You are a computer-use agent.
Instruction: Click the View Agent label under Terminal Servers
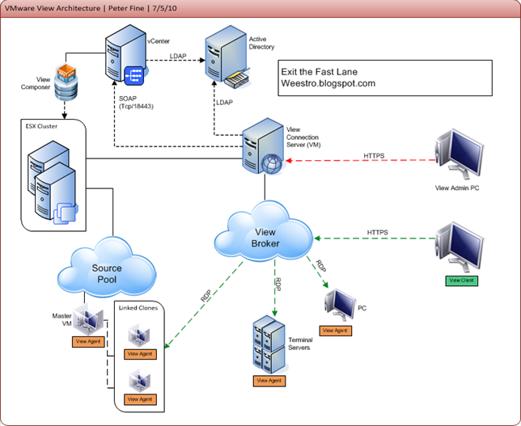pos(269,380)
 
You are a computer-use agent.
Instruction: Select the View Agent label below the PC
pos(336,330)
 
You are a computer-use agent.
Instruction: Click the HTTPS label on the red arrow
pos(374,154)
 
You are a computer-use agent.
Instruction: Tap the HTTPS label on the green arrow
pos(377,232)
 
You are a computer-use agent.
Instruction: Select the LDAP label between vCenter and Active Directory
pos(179,57)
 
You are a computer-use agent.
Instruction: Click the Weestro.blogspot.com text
pos(327,83)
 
